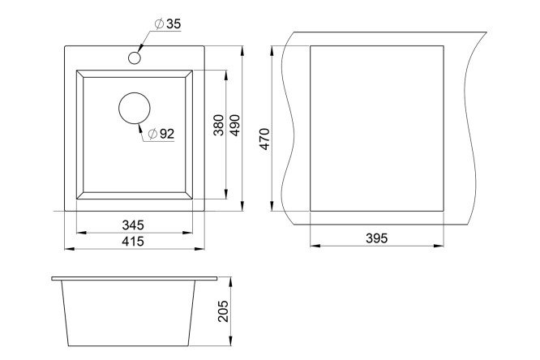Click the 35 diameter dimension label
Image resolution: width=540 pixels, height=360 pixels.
tap(168, 24)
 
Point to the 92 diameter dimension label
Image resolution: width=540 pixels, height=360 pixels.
tap(161, 134)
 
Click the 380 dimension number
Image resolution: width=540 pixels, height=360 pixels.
tap(218, 125)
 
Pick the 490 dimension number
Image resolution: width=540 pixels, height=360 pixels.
tap(234, 125)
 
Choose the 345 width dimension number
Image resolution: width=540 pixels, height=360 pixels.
tap(133, 225)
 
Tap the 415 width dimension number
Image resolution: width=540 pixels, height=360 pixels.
tap(133, 242)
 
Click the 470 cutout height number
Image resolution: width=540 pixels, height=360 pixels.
tap(264, 139)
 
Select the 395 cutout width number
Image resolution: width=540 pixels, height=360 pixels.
tap(377, 238)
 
